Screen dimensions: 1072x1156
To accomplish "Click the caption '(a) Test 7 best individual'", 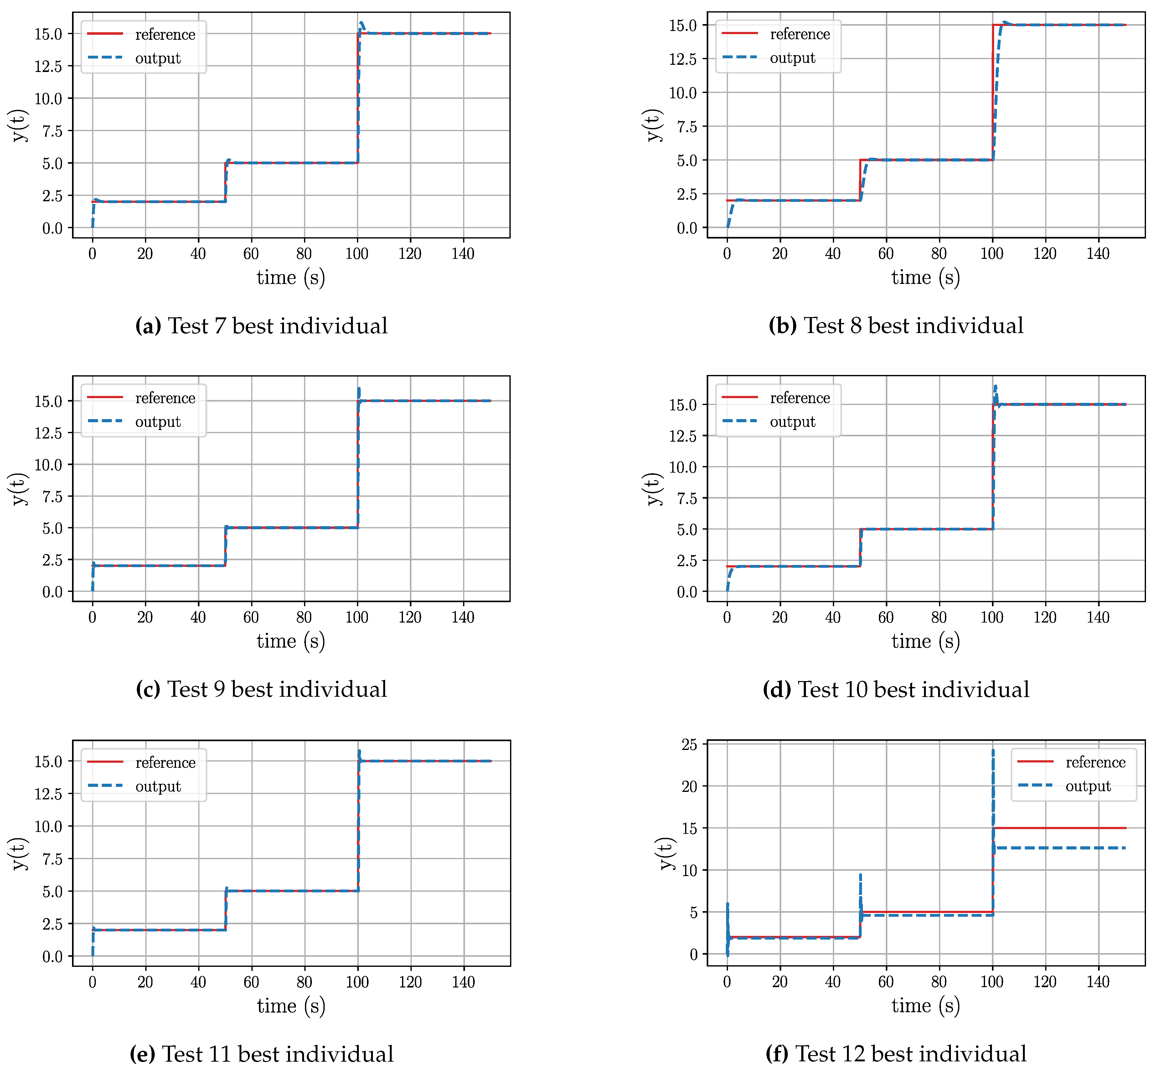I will pyautogui.click(x=261, y=326).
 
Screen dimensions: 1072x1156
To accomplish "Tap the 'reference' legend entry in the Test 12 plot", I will pyautogui.click(x=1095, y=762).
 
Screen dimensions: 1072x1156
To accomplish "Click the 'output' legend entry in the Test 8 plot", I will pyautogui.click(x=792, y=58).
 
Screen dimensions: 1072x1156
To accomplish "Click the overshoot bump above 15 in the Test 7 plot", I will pyautogui.click(x=362, y=24).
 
